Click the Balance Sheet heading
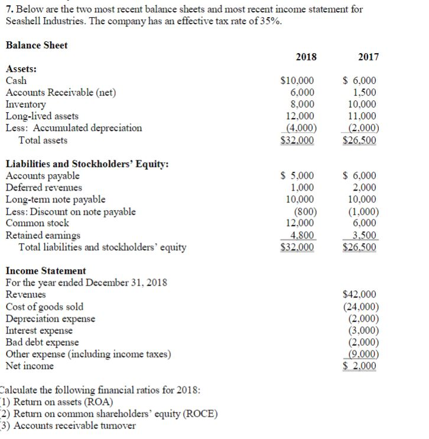click(36, 45)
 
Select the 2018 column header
click(305, 57)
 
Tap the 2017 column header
click(368, 57)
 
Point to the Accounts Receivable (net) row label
click(61, 93)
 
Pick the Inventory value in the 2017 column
click(363, 104)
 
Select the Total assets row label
click(43, 140)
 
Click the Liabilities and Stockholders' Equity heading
click(87, 164)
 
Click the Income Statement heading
click(45, 271)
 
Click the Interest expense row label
click(39, 330)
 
